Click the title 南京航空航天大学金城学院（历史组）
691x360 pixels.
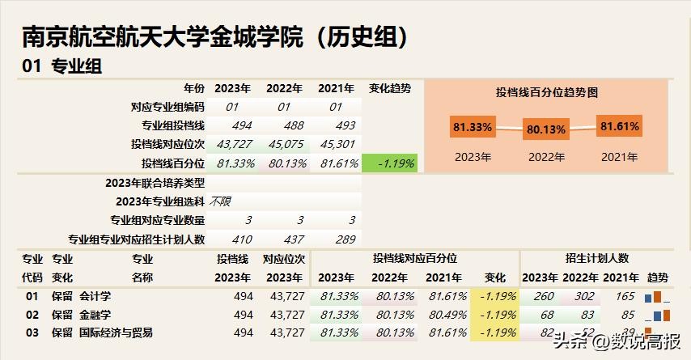coord(214,36)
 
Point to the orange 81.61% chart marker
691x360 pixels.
coord(619,126)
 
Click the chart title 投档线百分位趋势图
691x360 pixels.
coord(546,93)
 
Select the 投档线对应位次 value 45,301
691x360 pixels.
coord(337,144)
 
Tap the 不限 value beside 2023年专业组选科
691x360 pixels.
coord(220,201)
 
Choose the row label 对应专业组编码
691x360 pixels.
coord(167,107)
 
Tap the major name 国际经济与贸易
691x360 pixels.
coord(116,332)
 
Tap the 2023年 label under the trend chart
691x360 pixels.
coord(473,157)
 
